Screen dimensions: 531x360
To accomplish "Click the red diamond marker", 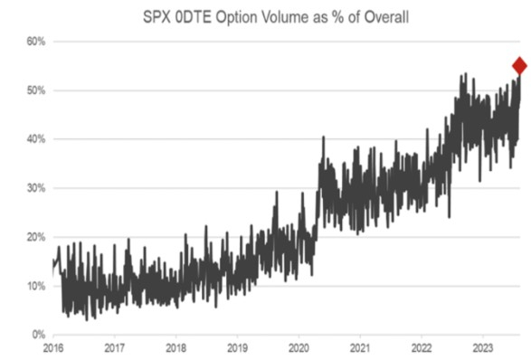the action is [520, 66].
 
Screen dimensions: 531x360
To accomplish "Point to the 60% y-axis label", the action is [36, 42].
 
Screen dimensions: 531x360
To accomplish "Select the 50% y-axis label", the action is [36, 90].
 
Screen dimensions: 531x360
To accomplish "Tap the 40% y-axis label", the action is [36, 139].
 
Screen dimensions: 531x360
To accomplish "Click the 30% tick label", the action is [36, 188].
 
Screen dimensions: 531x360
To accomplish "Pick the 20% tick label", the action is [36, 237].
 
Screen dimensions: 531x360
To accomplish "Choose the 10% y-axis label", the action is [36, 286].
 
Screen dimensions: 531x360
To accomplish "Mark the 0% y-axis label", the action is [39, 335].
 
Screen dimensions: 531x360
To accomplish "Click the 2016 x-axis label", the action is [53, 348].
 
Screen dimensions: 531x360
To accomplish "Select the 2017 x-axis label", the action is [115, 348].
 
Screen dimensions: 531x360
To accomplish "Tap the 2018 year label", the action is [176, 348].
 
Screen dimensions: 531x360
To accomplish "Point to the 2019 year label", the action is [237, 348].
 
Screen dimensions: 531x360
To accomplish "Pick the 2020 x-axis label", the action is [299, 348].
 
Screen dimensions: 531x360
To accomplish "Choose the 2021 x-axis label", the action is [360, 348].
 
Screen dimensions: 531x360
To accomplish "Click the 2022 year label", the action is [422, 348].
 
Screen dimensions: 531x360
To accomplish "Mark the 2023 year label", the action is [482, 348].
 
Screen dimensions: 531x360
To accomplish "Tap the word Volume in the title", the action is [285, 17].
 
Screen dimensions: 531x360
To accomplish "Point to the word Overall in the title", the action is [386, 17].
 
